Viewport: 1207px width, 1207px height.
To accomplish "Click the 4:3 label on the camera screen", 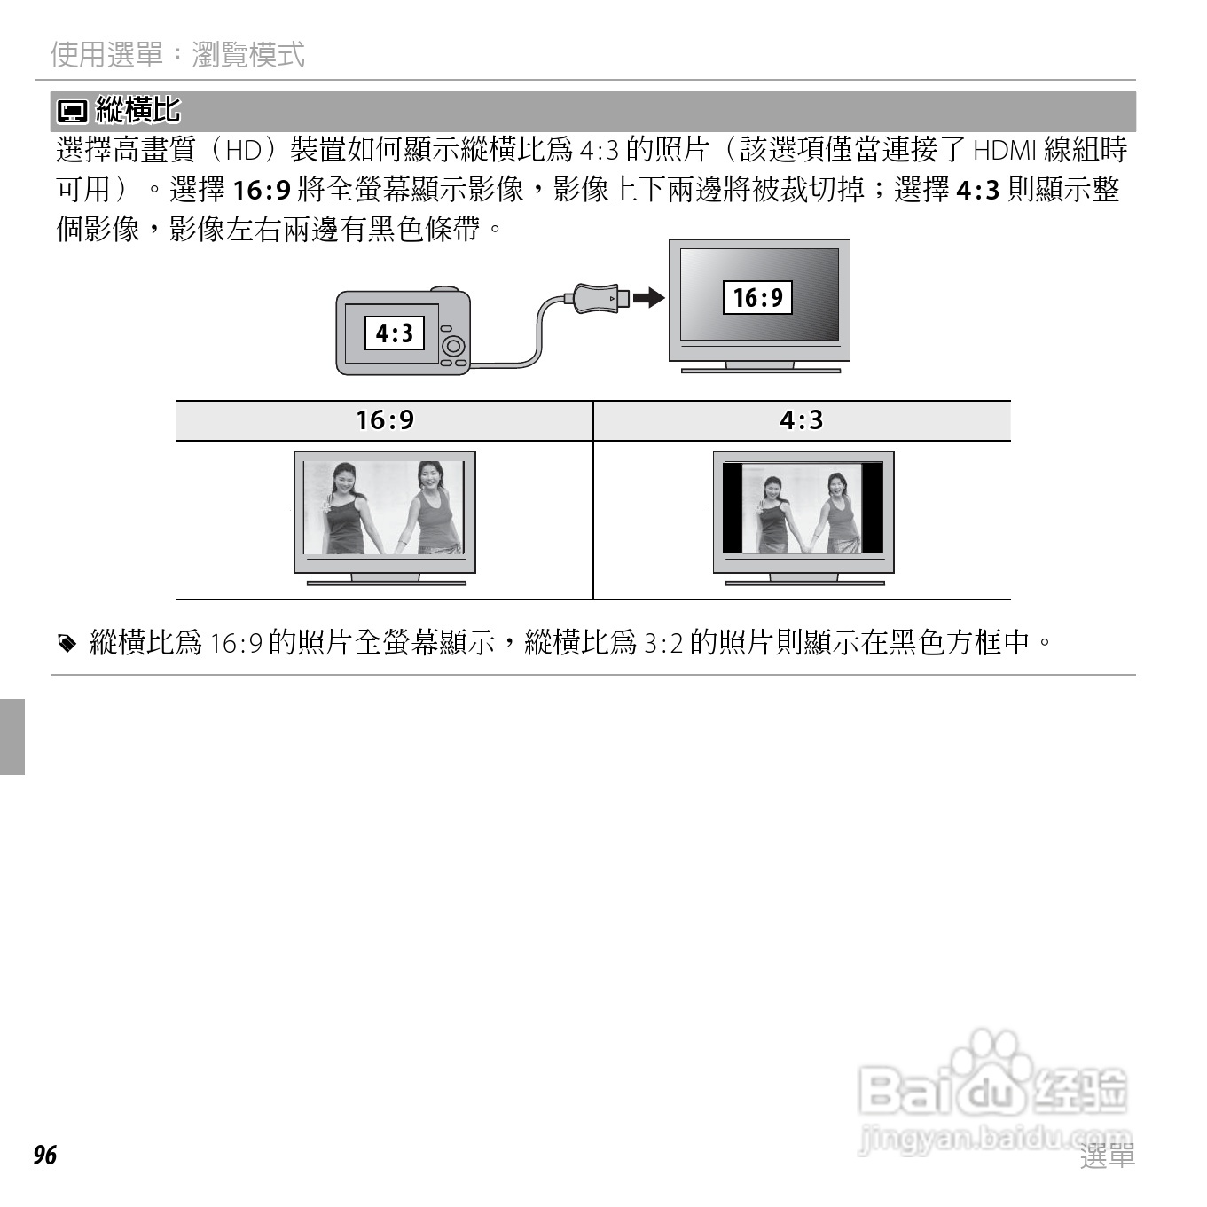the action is click(x=395, y=333).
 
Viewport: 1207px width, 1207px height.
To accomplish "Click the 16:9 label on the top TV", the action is click(x=757, y=297).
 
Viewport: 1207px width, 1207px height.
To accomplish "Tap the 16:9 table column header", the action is click(x=384, y=420).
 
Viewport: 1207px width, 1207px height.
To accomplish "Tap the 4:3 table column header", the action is click(x=801, y=420).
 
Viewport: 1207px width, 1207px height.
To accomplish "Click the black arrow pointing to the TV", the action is click(x=649, y=297).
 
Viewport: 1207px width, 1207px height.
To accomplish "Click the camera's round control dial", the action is click(x=453, y=344).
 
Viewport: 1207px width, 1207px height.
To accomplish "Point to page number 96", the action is click(x=44, y=1155).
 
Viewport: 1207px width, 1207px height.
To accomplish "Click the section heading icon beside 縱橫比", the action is click(x=72, y=112).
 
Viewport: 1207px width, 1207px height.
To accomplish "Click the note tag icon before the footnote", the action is click(x=67, y=643).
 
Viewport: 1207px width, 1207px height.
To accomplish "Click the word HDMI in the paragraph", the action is click(x=1004, y=150).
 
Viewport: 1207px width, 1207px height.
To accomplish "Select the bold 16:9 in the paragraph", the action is click(x=262, y=190).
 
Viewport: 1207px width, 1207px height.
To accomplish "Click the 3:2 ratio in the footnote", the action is click(x=662, y=643).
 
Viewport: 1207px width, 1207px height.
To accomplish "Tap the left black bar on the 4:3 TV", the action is click(x=732, y=508).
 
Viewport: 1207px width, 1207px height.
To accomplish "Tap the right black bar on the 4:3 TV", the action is click(x=873, y=508).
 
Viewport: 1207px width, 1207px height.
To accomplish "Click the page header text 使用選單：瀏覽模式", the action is click(x=177, y=55).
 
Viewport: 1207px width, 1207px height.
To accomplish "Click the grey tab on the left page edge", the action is click(x=12, y=736).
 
